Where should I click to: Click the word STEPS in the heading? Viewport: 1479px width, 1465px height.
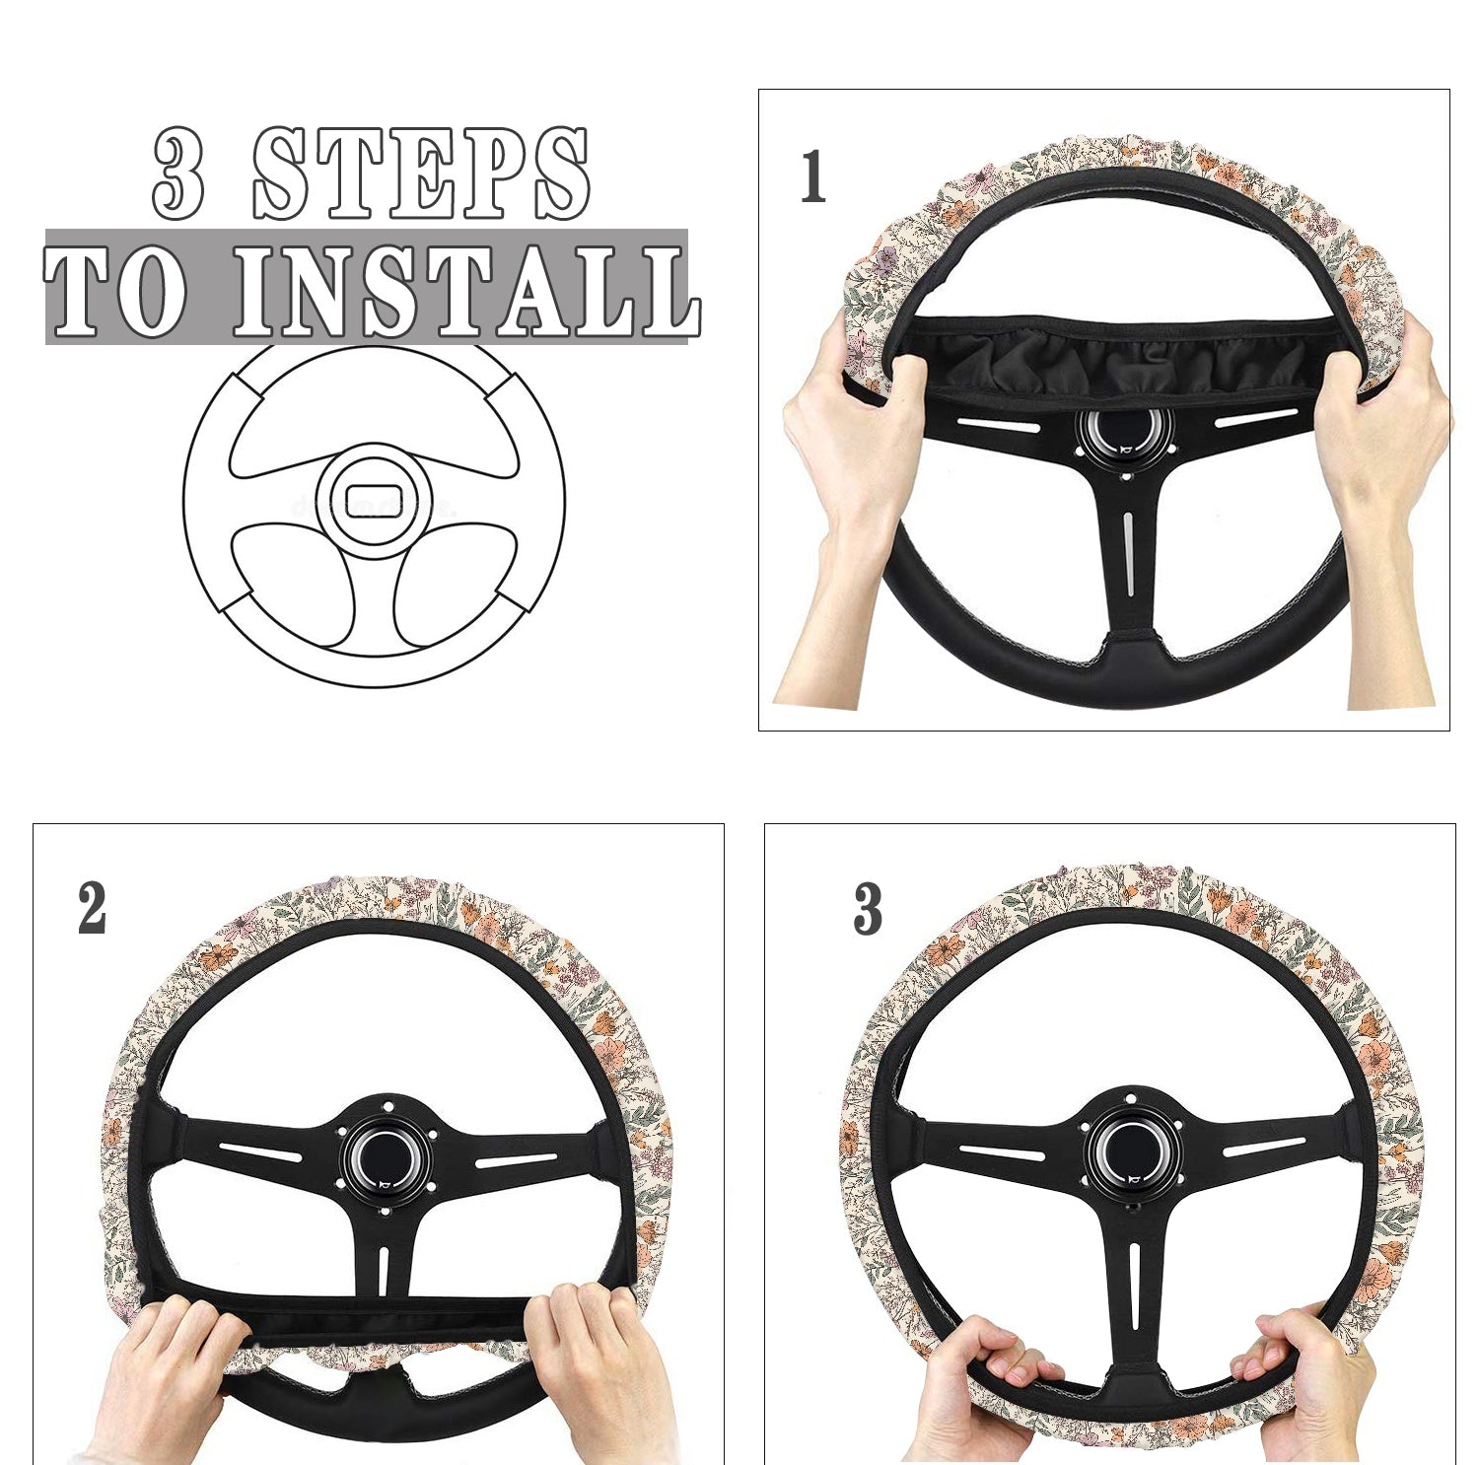coord(422,174)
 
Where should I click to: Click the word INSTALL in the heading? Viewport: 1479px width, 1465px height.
coord(466,291)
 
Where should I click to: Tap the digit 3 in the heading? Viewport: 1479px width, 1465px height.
coord(179,174)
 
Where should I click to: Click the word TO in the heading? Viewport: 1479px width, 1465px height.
coord(115,291)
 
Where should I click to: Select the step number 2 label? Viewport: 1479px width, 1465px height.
coord(92,908)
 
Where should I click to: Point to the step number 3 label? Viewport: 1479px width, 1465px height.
coord(868,909)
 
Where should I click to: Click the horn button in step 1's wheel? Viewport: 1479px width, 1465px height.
coord(1126,431)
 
